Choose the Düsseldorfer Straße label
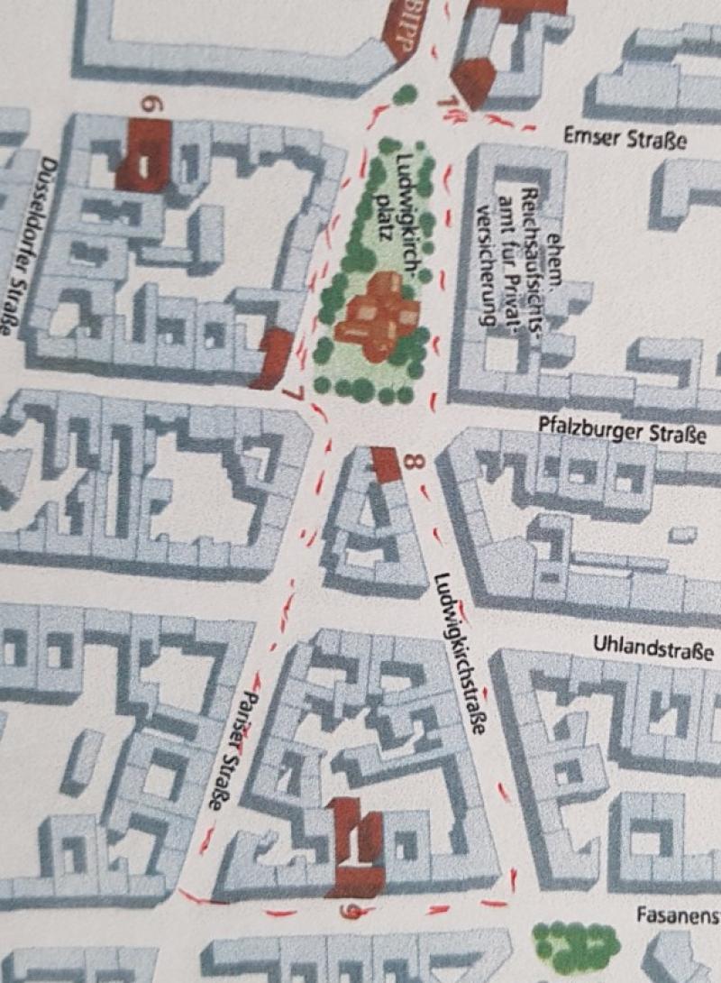[x=32, y=243]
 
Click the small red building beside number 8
[x=387, y=464]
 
